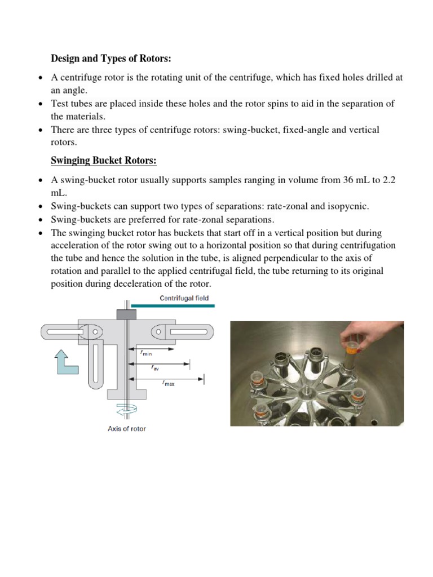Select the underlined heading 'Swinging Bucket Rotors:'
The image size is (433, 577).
(103, 161)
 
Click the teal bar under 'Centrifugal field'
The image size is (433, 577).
(173, 305)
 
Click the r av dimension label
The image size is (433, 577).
(154, 367)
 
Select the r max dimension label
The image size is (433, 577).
(169, 383)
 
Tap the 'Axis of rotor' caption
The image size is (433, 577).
(127, 429)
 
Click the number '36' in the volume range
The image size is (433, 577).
(348, 180)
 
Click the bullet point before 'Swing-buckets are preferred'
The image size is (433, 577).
(41, 220)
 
